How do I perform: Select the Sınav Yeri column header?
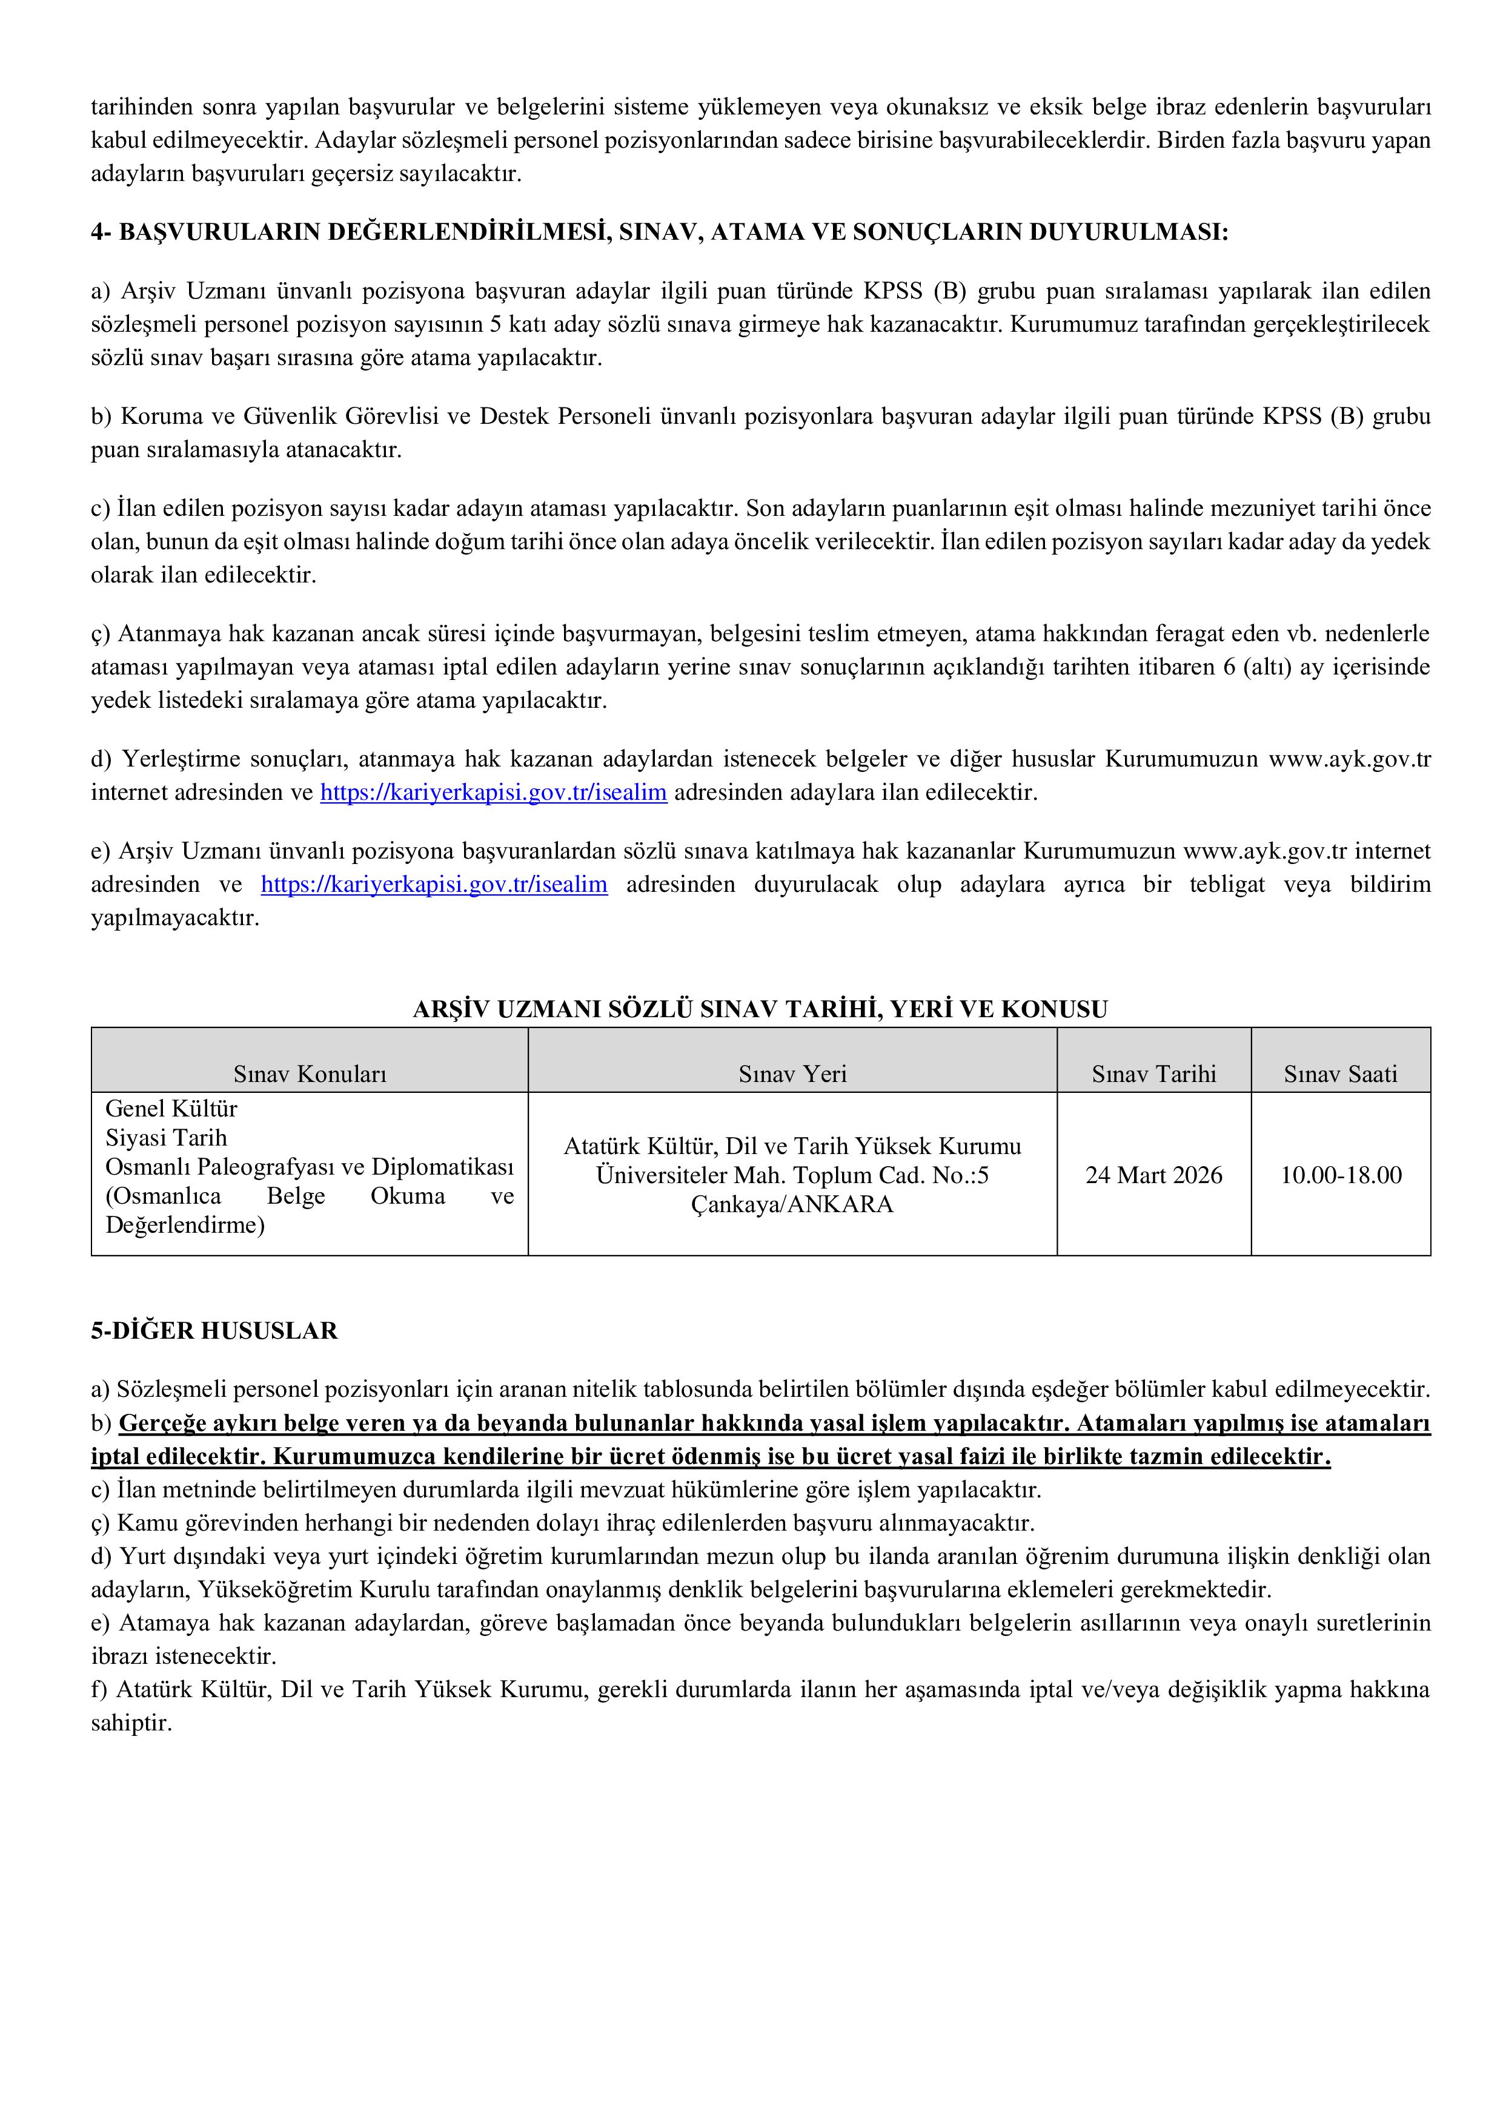coord(792,1074)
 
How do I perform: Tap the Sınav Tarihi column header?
coord(1153,1074)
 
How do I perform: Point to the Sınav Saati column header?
coord(1340,1074)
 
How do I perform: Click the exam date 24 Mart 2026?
coord(1153,1175)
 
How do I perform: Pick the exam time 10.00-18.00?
coord(1340,1175)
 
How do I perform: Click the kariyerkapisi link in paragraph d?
coord(493,793)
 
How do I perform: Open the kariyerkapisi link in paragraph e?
coord(434,885)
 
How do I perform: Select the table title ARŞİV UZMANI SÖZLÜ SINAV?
coord(760,1009)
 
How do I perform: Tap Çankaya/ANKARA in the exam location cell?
coord(792,1204)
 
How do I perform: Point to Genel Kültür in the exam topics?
coord(171,1108)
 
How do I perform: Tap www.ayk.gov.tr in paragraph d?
coord(1349,759)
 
